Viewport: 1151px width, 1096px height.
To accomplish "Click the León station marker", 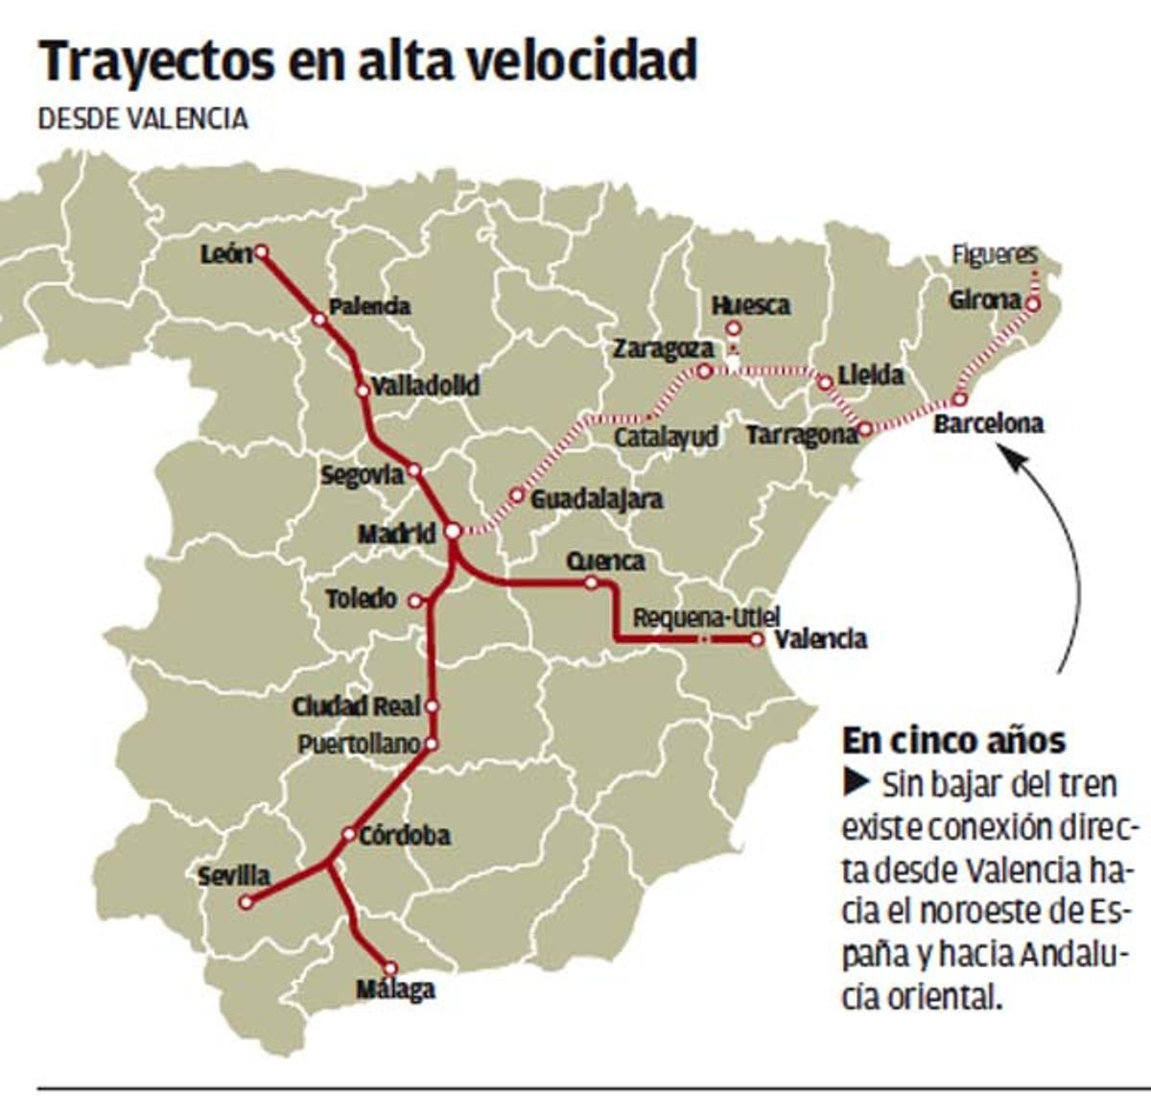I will tap(260, 252).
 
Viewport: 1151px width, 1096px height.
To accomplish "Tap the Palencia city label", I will tap(369, 307).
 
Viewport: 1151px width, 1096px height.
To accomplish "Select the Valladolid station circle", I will tap(363, 391).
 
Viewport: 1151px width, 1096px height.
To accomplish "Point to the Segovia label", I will tap(362, 475).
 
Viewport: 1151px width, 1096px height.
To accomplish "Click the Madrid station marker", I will tap(454, 531).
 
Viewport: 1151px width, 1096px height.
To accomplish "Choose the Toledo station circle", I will tap(415, 601).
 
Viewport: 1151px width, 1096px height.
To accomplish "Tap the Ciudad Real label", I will tap(356, 707).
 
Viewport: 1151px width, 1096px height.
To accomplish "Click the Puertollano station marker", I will tap(431, 744).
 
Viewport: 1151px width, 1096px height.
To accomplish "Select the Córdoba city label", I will tap(405, 836).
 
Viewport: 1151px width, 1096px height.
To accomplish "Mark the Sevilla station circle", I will tap(247, 902).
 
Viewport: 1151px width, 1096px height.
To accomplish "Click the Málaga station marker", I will tap(390, 968).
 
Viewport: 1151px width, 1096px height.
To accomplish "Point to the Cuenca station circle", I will tap(591, 583).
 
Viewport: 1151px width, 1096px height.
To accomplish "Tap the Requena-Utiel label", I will tap(706, 617).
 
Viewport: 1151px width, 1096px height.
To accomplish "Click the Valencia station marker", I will tap(757, 639).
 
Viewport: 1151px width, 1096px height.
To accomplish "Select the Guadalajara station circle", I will tap(517, 495).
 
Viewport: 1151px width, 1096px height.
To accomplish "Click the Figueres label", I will tap(995, 255).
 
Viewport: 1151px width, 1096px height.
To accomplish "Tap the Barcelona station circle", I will tap(958, 399).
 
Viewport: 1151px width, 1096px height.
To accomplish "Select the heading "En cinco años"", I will tap(953, 741).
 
